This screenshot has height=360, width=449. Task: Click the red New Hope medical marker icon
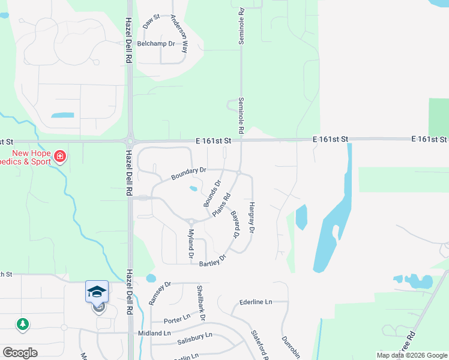(59, 157)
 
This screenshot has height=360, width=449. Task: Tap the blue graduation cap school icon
(97, 291)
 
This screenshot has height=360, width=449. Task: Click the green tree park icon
(23, 324)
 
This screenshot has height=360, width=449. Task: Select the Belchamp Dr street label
(155, 44)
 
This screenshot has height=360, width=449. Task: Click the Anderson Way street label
(179, 35)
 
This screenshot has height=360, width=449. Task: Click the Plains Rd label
(222, 205)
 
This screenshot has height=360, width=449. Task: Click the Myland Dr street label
(191, 244)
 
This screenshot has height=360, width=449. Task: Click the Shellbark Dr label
(201, 302)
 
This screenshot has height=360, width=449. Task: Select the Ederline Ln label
(256, 301)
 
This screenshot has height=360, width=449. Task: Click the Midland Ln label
(154, 333)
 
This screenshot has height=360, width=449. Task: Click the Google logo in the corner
(20, 353)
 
